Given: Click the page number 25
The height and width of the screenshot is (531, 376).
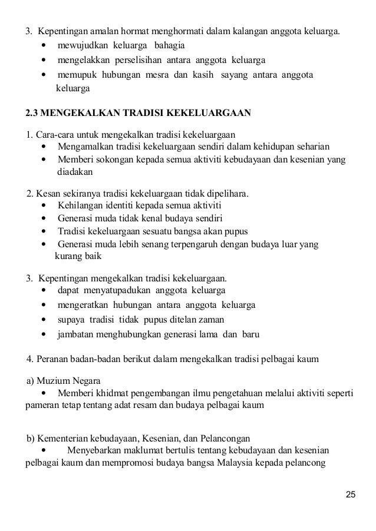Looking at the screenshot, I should [x=351, y=494].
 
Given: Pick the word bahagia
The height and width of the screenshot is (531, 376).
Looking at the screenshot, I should [x=169, y=45].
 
